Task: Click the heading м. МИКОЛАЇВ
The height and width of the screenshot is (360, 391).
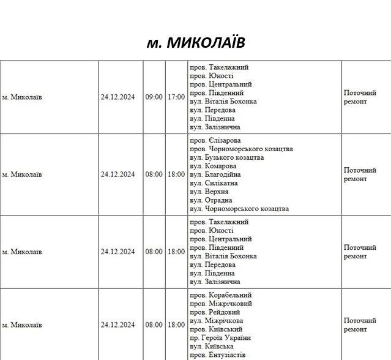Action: point(196,42)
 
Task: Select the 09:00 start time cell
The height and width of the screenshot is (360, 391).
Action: point(154,97)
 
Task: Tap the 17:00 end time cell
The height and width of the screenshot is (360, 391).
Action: point(176,97)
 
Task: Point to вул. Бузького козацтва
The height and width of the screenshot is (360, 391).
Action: point(226,157)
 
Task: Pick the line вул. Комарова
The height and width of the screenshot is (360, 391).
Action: point(213,166)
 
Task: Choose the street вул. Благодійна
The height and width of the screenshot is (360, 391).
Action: point(215,174)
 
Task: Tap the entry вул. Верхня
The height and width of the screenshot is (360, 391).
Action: point(209,192)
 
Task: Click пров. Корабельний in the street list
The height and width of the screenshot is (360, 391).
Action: point(220,295)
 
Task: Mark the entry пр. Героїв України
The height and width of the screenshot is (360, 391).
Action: point(220,338)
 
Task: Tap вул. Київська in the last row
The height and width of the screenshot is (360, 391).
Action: point(212,347)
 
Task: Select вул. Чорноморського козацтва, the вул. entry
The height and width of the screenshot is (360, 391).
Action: point(239,209)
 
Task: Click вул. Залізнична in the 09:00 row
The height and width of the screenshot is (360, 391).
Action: point(215,127)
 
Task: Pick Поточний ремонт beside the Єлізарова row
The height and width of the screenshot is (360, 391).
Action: point(360,174)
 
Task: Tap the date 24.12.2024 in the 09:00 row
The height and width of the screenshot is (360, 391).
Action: point(117,97)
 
